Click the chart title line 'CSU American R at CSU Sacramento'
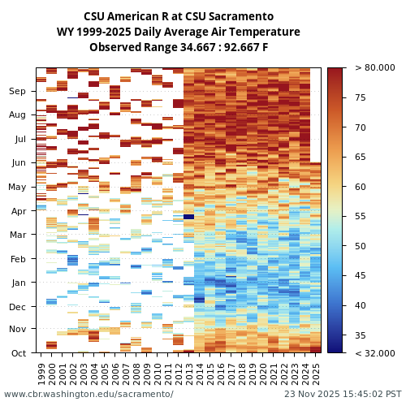pyautogui.click(x=179, y=16)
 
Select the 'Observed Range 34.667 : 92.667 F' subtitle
pyautogui.click(x=179, y=47)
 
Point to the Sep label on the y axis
pyautogui.click(x=17, y=92)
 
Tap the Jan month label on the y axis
pyautogui.click(x=17, y=283)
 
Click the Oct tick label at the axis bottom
pyautogui.click(x=17, y=353)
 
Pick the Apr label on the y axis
pyautogui.click(x=17, y=211)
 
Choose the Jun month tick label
pyautogui.click(x=17, y=163)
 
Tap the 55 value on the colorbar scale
pyautogui.click(x=360, y=217)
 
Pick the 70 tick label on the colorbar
pyautogui.click(x=360, y=127)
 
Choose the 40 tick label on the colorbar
pyautogui.click(x=360, y=306)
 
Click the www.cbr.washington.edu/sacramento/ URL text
pyautogui.click(x=89, y=395)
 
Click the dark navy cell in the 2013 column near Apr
pyautogui.click(x=189, y=217)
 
